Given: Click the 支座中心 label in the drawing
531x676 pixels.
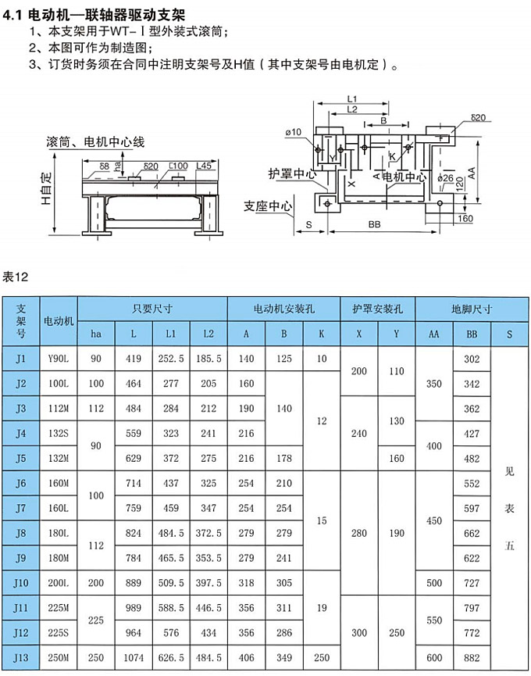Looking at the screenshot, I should (x=268, y=206).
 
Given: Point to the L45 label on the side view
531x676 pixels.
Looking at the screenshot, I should (x=205, y=166).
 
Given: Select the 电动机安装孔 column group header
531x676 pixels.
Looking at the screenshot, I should (x=284, y=308).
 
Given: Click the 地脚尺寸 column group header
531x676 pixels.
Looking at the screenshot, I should (x=472, y=308).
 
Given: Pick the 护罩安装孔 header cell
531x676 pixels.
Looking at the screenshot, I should (x=377, y=308).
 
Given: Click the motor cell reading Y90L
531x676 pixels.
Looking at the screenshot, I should (x=59, y=359).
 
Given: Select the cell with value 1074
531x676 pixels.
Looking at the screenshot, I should (x=134, y=658).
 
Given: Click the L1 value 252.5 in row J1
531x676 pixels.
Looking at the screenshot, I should (x=171, y=359).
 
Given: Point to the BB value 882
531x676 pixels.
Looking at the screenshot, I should (x=472, y=658).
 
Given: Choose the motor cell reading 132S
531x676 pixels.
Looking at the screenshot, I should (x=59, y=434).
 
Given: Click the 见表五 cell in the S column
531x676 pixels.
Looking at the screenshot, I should (x=510, y=509).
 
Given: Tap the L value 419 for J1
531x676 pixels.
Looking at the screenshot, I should (x=134, y=359).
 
